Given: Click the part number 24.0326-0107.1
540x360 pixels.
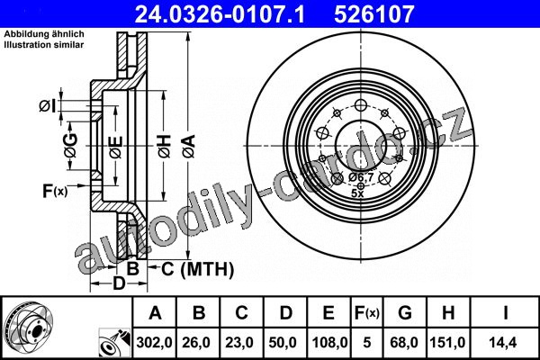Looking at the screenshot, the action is click(x=220, y=14).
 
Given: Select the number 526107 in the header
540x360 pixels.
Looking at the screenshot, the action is click(x=374, y=14).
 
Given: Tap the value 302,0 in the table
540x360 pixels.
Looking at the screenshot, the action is click(x=154, y=343).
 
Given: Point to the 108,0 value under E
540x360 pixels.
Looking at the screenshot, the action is click(x=328, y=343).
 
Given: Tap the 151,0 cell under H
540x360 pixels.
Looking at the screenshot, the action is click(x=448, y=343).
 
